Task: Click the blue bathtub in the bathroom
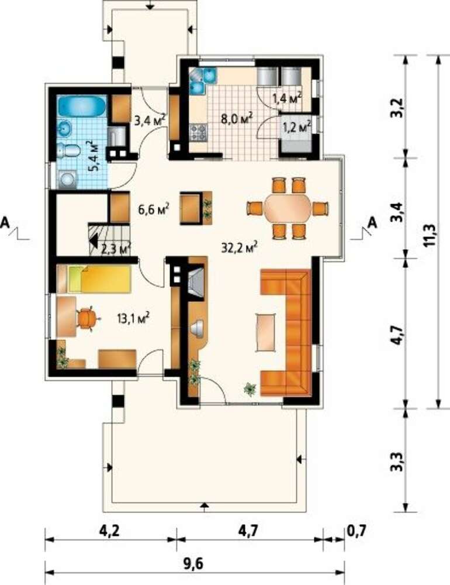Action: click(82, 105)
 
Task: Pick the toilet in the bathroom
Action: click(69, 150)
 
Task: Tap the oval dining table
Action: click(288, 208)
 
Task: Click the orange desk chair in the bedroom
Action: click(87, 318)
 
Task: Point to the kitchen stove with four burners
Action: click(198, 132)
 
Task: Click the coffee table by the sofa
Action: click(266, 332)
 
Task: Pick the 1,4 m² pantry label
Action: click(287, 98)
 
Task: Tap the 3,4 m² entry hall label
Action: click(150, 120)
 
